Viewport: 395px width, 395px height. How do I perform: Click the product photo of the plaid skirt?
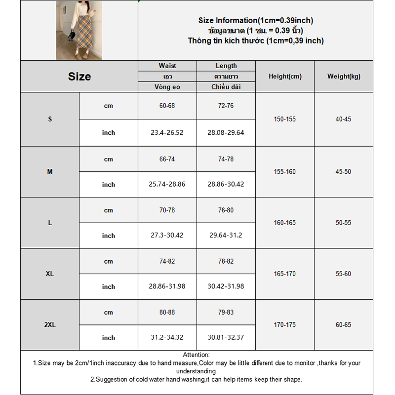(79, 30)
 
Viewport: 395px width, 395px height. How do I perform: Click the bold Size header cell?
(79, 77)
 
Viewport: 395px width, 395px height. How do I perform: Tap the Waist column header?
(167, 66)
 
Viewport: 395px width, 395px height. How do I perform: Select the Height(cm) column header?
(285, 77)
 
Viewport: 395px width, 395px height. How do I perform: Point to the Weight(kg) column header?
(344, 77)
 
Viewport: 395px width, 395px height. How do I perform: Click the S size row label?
(50, 119)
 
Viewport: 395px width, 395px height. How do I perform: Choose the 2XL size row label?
(50, 325)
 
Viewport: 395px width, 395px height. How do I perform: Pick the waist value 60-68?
(167, 106)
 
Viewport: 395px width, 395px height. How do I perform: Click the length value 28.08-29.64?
(226, 132)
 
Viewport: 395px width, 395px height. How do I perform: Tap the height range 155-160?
(285, 172)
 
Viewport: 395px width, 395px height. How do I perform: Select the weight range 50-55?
(344, 223)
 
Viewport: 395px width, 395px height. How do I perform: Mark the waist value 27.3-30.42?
(167, 235)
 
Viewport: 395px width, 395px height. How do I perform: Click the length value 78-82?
(226, 261)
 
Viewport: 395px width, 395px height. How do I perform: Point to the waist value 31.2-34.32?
(167, 338)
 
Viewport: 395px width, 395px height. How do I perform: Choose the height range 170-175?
(285, 325)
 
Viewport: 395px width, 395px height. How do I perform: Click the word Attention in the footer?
(196, 355)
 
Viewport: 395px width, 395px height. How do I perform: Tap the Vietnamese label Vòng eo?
(167, 87)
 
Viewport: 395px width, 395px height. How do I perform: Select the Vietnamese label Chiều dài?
(226, 87)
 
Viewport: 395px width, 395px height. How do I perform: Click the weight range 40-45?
(344, 119)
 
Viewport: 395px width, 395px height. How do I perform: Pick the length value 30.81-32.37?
(226, 338)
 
